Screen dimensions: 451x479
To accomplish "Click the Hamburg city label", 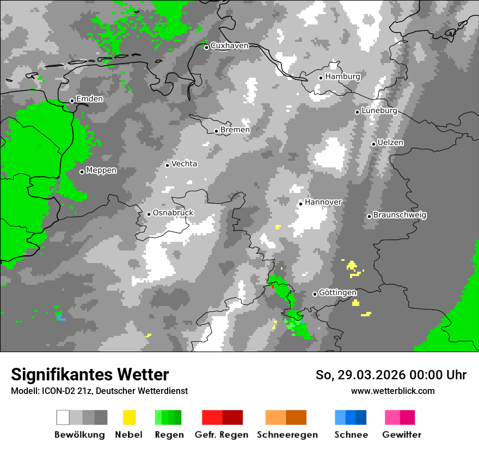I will tap(343, 77).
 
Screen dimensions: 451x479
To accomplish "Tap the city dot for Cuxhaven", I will tap(206, 47).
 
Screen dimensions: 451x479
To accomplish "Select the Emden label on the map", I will tap(89, 99).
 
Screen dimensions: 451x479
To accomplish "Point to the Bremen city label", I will tap(235, 130).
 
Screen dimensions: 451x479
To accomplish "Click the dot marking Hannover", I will tap(300, 204).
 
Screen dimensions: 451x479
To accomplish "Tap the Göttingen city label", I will tap(337, 292).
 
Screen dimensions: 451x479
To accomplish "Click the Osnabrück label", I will tap(173, 212).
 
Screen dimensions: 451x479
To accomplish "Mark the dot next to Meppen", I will tap(82, 172).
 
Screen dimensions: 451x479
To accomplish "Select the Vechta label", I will tap(184, 164).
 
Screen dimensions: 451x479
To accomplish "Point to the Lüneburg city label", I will tap(379, 110).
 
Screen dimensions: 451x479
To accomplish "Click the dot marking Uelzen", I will tap(373, 144).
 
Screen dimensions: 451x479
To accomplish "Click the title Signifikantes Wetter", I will tap(90, 374).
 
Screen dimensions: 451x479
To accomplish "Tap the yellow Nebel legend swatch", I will tap(129, 417).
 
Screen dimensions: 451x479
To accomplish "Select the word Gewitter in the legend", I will tap(402, 435).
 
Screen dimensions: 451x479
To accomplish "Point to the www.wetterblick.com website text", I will tap(392, 391).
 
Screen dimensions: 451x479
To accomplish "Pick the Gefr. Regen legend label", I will tap(222, 435).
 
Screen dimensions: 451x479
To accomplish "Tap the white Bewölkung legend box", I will tap(63, 417).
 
